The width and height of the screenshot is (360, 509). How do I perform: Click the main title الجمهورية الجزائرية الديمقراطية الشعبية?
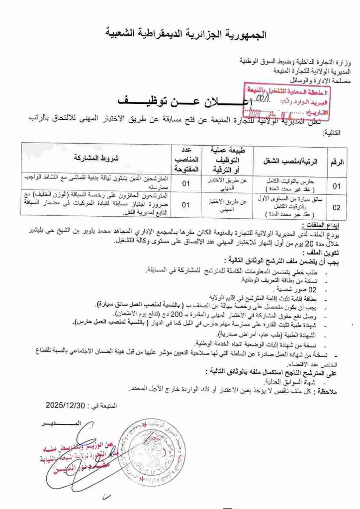[x=186, y=34]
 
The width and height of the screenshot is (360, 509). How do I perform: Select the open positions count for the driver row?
[x=185, y=204]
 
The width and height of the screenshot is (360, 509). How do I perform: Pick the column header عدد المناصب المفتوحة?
[x=185, y=158]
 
